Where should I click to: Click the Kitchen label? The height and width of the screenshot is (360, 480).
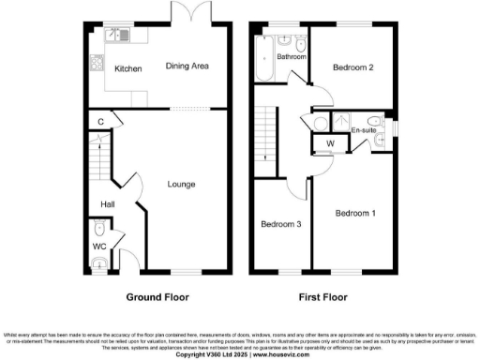click(x=127, y=69)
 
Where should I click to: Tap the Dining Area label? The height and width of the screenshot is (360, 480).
click(x=187, y=67)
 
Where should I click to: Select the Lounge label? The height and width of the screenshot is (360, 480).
click(x=182, y=185)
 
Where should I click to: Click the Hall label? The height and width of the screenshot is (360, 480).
click(x=108, y=204)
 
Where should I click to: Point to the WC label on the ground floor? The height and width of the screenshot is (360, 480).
click(x=99, y=247)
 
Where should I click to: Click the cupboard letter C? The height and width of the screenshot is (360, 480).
click(x=100, y=121)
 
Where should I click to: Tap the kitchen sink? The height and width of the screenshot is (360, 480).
click(x=117, y=36)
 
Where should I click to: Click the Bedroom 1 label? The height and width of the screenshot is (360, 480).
click(x=356, y=214)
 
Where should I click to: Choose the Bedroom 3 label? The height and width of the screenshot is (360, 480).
click(x=281, y=224)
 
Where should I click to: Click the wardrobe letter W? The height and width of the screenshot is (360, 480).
click(x=330, y=142)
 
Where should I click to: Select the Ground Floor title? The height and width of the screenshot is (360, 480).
click(x=157, y=297)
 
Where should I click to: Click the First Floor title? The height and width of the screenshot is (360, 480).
click(x=323, y=297)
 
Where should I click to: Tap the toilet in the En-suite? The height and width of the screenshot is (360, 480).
click(x=376, y=121)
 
